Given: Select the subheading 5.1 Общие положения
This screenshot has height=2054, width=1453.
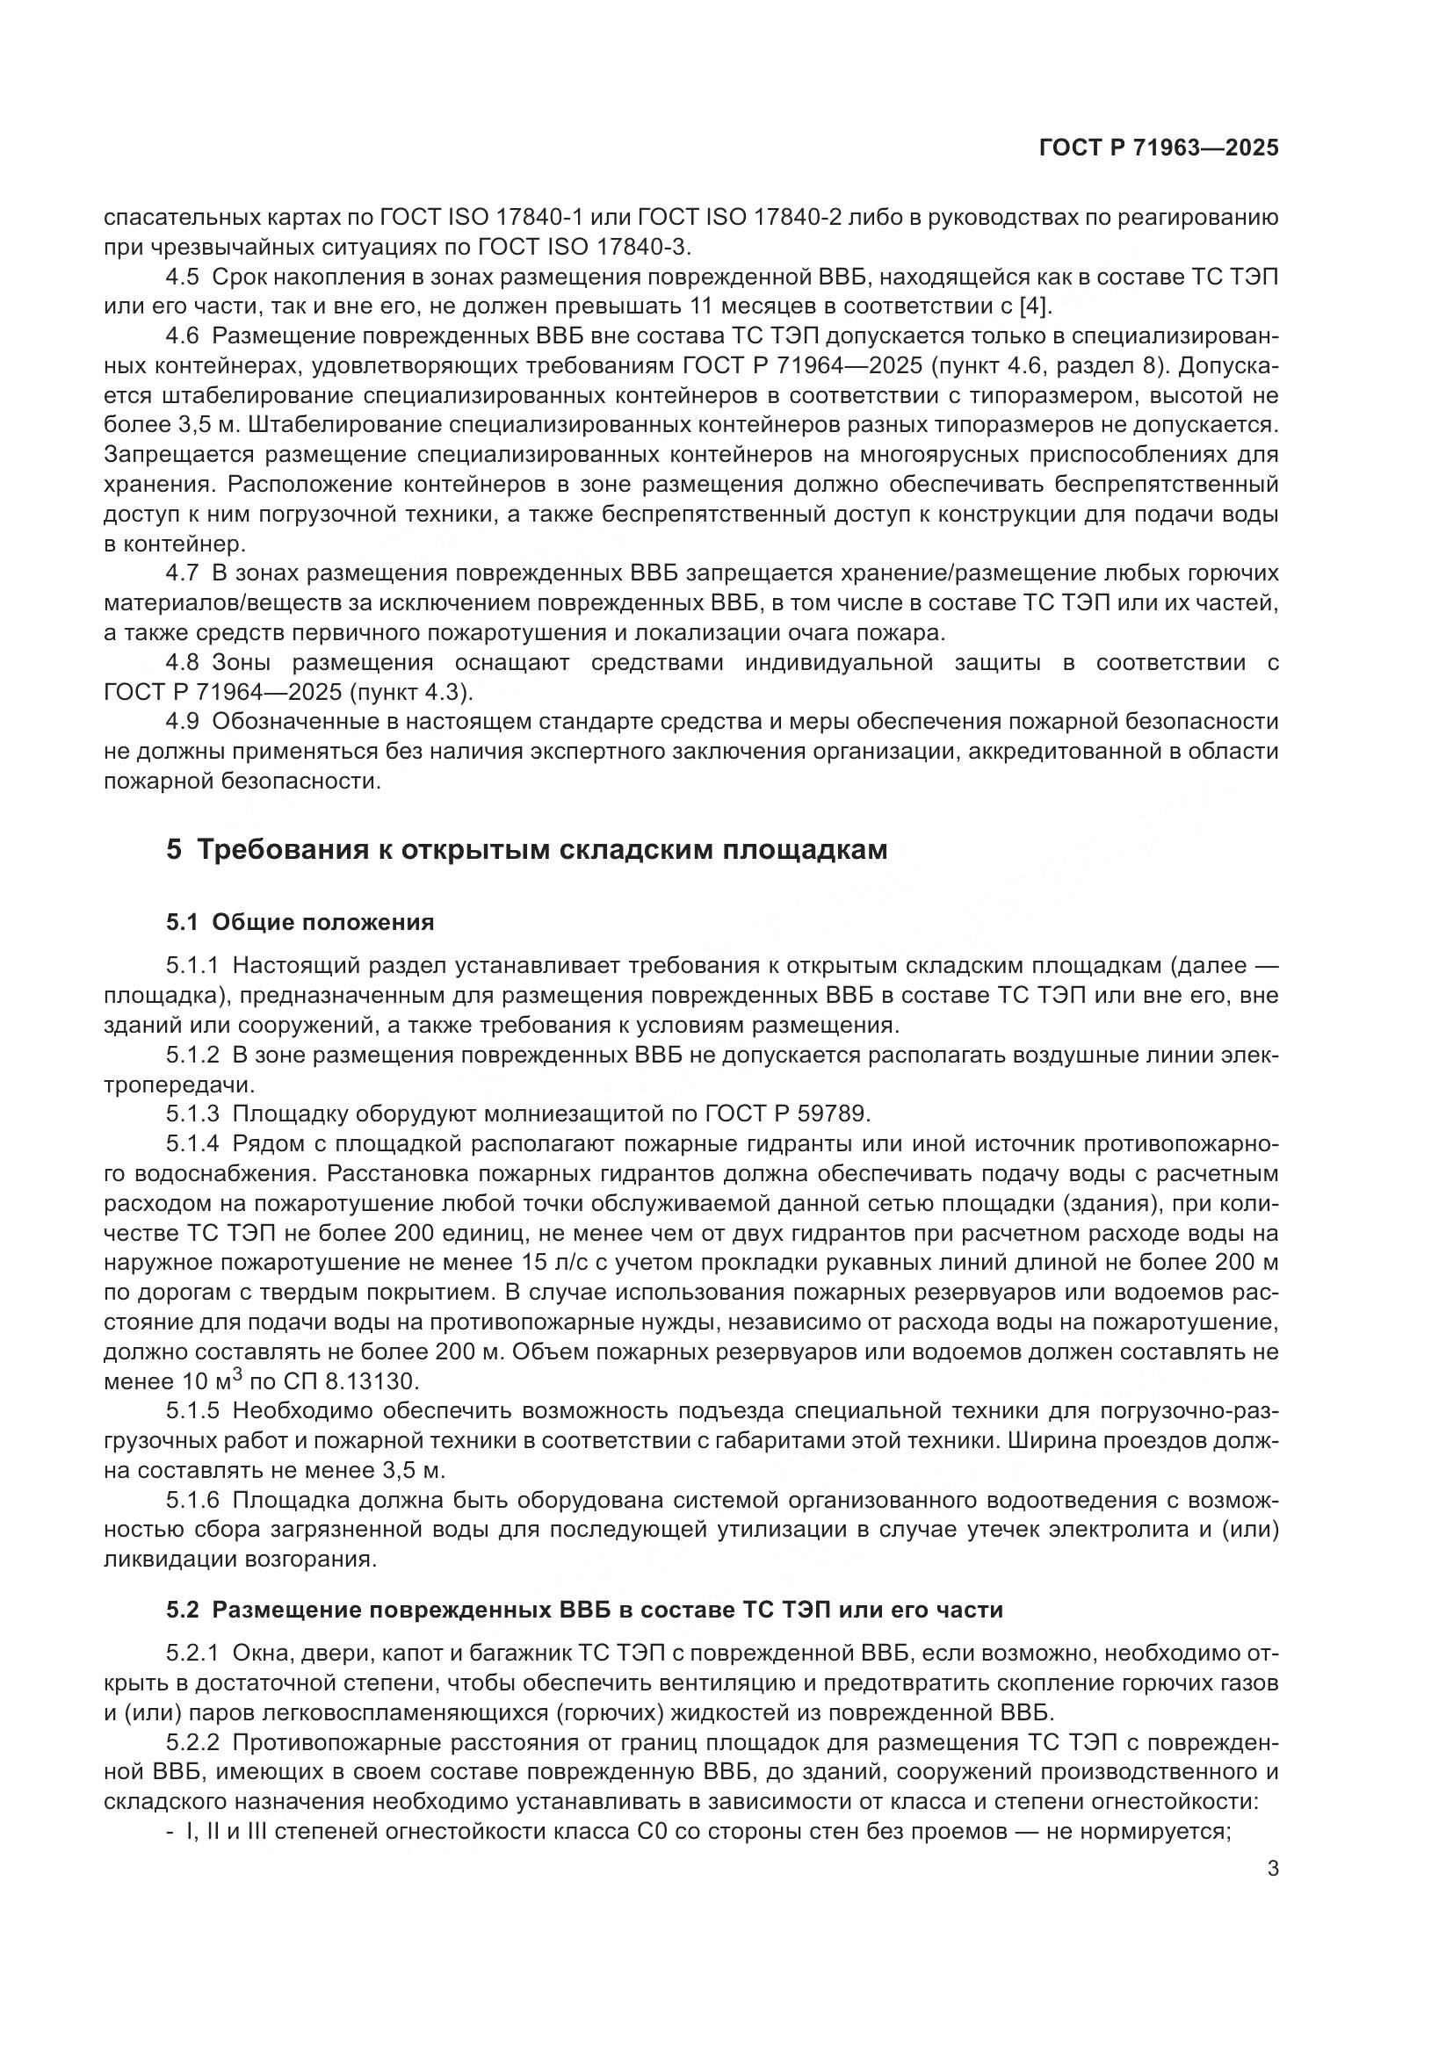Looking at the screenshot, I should [300, 922].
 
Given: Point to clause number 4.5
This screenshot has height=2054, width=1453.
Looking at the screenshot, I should [184, 277].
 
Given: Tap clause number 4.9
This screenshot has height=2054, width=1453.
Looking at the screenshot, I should [184, 722].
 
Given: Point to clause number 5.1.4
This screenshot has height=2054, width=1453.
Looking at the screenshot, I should [192, 1143].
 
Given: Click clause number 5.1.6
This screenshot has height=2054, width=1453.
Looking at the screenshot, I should [192, 1500].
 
